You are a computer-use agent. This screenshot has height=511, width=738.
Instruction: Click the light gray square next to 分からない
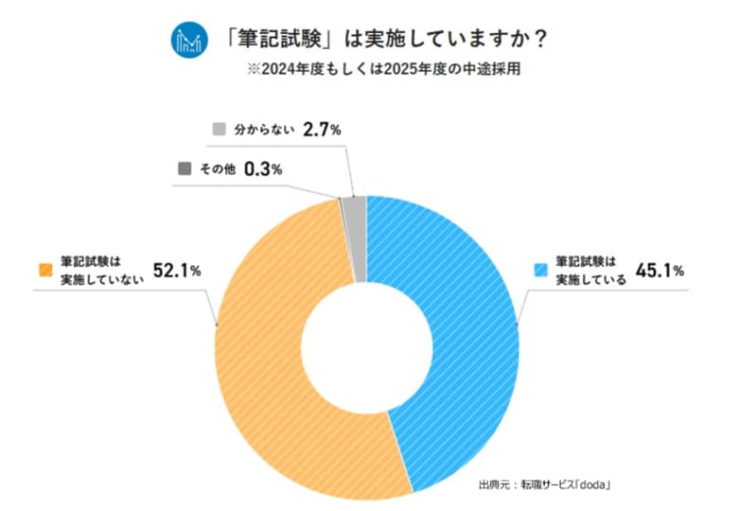(220, 129)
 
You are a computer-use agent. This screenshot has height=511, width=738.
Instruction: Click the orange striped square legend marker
(44, 270)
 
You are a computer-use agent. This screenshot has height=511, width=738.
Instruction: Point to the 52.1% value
(176, 271)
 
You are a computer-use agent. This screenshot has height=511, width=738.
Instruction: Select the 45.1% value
(659, 271)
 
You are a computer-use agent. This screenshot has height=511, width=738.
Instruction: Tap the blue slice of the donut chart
(464, 331)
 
